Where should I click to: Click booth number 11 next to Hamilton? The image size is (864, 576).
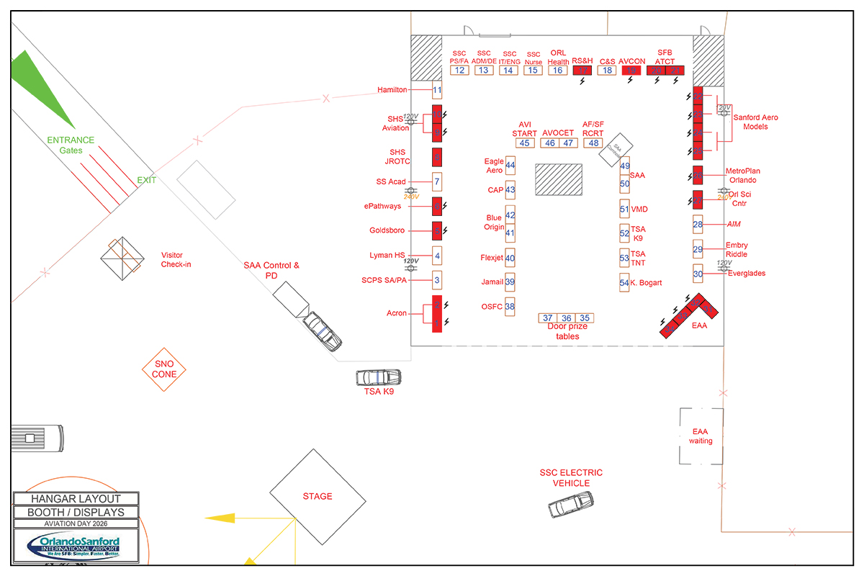(x=436, y=91)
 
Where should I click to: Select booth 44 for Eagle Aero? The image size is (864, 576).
(x=510, y=166)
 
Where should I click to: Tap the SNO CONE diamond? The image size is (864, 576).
(x=164, y=369)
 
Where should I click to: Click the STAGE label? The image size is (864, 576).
(x=318, y=496)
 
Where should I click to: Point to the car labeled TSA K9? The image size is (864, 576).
(x=378, y=377)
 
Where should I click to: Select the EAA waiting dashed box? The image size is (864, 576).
(x=701, y=436)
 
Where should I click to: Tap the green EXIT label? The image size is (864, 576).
(x=146, y=180)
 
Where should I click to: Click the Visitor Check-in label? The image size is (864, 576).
(x=176, y=260)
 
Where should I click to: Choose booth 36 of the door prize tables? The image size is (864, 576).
(x=567, y=318)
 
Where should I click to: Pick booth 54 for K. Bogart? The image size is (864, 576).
(x=624, y=283)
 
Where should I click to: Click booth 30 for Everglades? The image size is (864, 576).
(x=698, y=274)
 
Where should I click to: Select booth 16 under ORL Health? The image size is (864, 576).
(x=557, y=71)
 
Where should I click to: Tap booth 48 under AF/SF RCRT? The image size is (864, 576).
(x=593, y=143)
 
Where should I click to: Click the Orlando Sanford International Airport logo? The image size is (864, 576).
(x=76, y=546)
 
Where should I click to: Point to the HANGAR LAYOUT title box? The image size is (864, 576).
(x=76, y=498)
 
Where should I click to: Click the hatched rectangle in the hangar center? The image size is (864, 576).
(x=559, y=179)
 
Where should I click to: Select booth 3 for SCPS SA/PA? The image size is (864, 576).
(x=436, y=279)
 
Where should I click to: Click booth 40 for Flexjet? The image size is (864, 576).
(x=510, y=258)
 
